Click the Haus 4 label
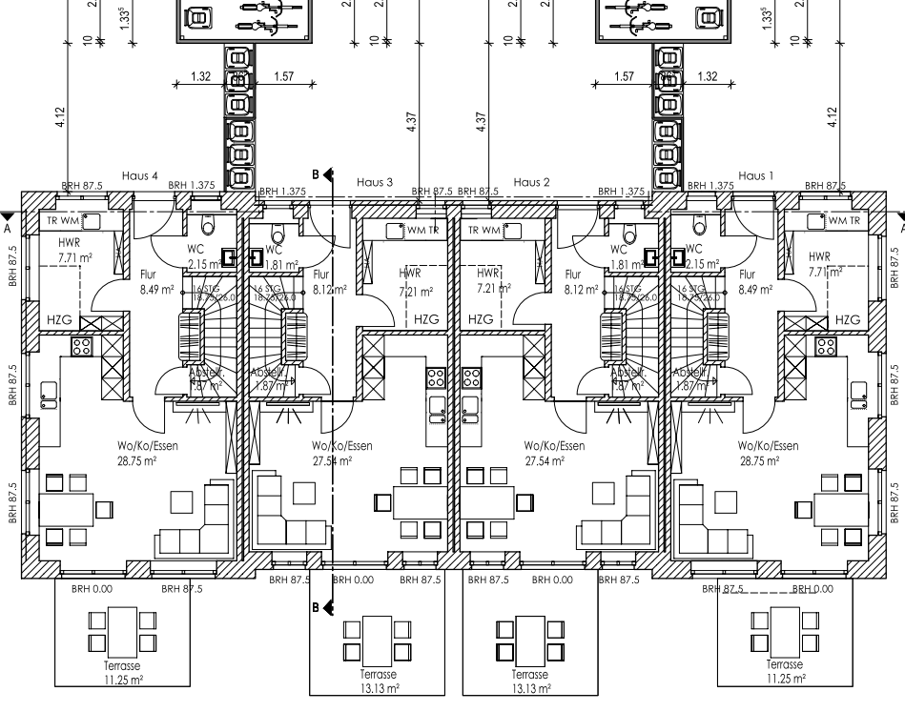coord(139,176)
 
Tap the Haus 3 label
coord(375,182)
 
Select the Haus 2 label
coord(531,182)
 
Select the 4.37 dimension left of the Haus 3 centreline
coord(411,123)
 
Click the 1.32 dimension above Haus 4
coord(200,76)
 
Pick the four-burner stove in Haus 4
coord(82,346)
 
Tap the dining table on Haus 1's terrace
coord(783,628)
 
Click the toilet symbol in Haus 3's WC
coord(278,234)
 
